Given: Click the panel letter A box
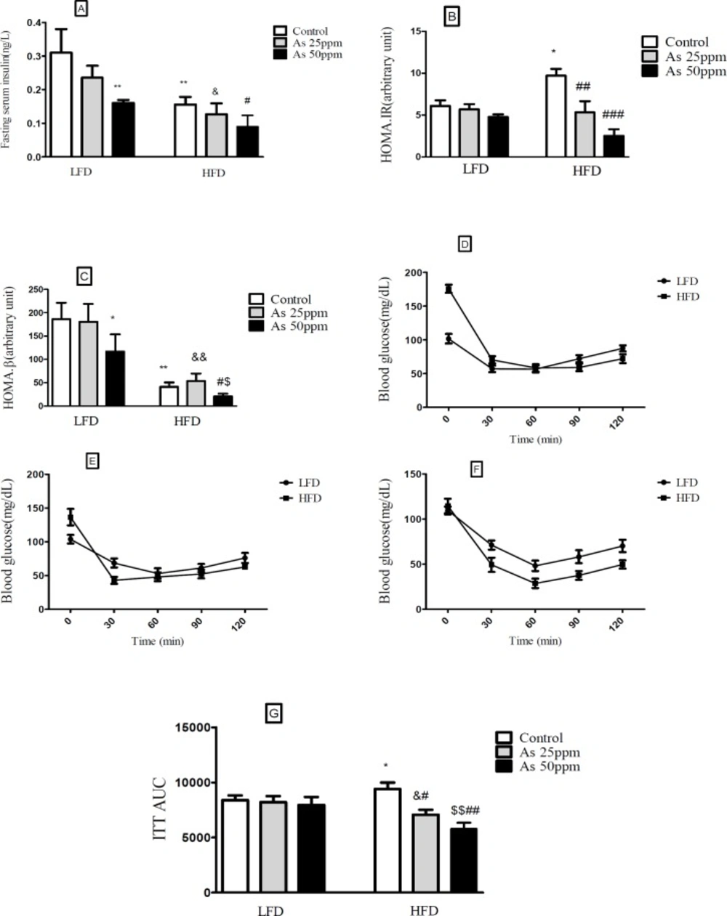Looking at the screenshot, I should pyautogui.click(x=81, y=9).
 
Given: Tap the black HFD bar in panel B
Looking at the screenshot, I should pyautogui.click(x=614, y=145).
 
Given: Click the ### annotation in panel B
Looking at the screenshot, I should pyautogui.click(x=613, y=115).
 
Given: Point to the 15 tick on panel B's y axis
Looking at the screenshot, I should pyautogui.click(x=417, y=31).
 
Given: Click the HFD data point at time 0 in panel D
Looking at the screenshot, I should pyautogui.click(x=448, y=288).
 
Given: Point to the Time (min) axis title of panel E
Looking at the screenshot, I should pyautogui.click(x=157, y=641).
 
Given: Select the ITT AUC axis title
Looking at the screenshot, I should pyautogui.click(x=160, y=810).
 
